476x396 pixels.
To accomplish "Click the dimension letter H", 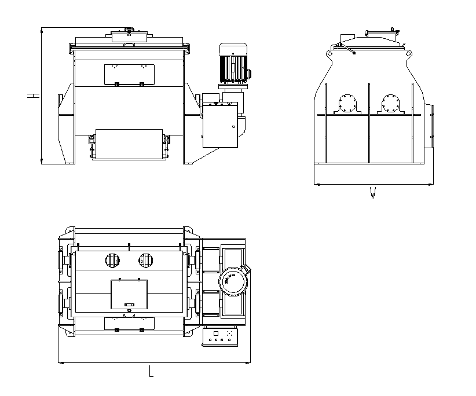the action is tap(34, 96).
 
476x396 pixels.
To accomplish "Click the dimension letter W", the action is tap(373, 193).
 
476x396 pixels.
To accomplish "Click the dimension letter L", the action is tap(151, 371).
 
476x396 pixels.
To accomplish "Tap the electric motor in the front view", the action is tap(233, 63).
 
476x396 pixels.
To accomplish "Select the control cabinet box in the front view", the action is tap(220, 125).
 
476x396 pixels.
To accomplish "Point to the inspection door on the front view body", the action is tap(129, 75).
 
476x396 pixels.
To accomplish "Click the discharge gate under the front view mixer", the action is tap(129, 144).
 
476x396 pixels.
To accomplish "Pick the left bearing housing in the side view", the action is tap(347, 104).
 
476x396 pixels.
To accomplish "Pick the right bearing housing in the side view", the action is tap(391, 104).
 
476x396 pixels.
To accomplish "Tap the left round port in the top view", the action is tap(112, 261).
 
